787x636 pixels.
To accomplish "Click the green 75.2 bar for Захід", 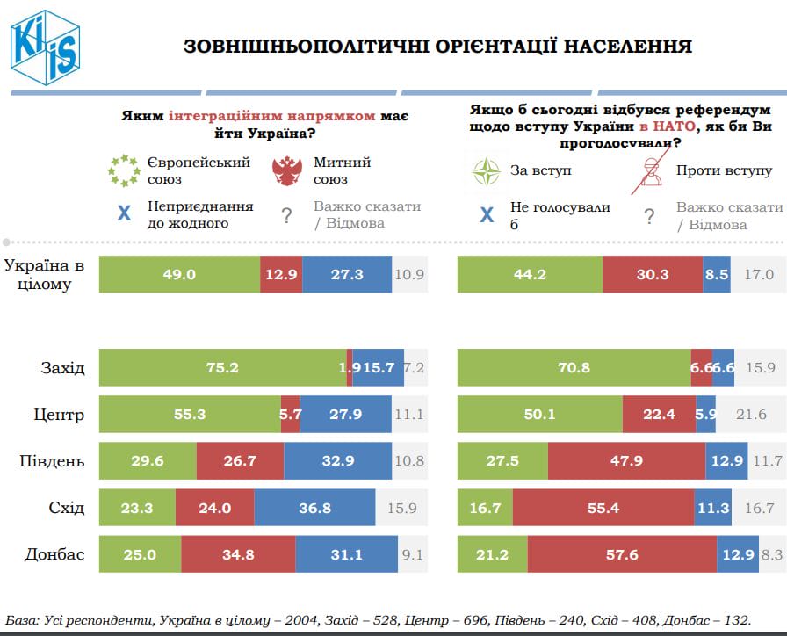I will tap(223, 368).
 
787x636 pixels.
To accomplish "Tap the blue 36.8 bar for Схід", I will tap(314, 508).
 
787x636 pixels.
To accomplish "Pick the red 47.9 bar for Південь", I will tap(626, 461).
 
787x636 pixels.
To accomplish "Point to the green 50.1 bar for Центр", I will tap(540, 415).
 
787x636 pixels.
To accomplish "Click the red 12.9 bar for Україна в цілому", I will tap(281, 275).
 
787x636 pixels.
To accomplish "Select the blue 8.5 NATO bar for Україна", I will tap(717, 275).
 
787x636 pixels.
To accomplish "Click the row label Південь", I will tap(53, 461).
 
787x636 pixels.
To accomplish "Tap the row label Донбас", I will tap(54, 554).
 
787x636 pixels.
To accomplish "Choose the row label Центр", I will tap(60, 415).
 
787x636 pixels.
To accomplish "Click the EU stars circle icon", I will tap(124, 170).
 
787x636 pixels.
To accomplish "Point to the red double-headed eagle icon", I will tap(289, 170).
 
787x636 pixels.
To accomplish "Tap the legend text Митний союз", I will tap(342, 170).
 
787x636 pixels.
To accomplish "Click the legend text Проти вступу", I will tap(724, 170).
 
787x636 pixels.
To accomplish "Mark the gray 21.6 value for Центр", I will tap(751, 415).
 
